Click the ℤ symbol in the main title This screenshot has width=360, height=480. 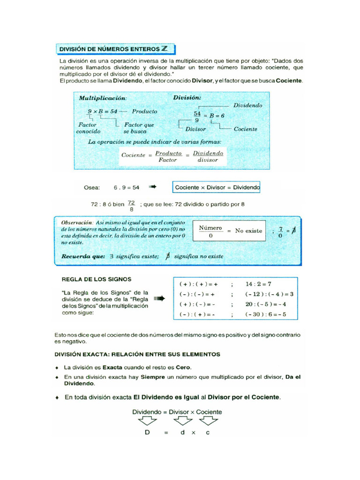coord(165,48)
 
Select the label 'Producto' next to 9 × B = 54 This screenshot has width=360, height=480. coord(144,112)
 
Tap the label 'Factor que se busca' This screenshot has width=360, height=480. coord(139,128)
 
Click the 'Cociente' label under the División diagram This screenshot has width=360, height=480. coord(245,129)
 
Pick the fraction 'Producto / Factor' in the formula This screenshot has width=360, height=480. coord(168,156)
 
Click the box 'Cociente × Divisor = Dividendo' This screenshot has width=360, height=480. coord(216,187)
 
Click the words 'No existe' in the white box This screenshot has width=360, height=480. coord(248,231)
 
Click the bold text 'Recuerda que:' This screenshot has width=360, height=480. coord(82,256)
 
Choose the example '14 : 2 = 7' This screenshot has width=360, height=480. coord(258,284)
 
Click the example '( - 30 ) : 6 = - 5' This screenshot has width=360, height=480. coord(265,315)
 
